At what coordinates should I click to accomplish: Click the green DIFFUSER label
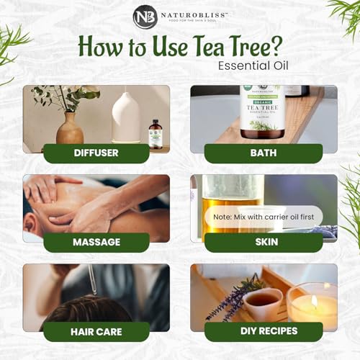pyautogui.click(x=96, y=153)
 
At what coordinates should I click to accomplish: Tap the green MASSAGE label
pyautogui.click(x=96, y=242)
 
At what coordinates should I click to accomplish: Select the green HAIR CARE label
pyautogui.click(x=96, y=331)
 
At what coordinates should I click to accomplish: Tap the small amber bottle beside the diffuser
pyautogui.click(x=155, y=134)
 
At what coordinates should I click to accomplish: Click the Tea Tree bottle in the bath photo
pyautogui.click(x=262, y=112)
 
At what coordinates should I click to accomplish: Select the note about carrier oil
pyautogui.click(x=264, y=215)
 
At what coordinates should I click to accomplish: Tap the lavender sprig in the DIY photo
pyautogui.click(x=230, y=299)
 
